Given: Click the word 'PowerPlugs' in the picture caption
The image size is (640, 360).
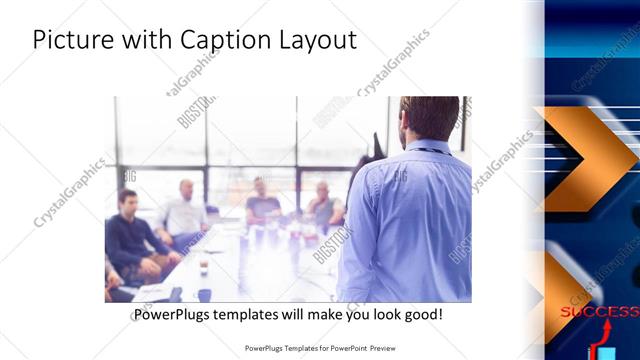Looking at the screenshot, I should pyautogui.click(x=176, y=314).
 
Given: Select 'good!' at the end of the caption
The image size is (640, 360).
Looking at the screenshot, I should pyautogui.click(x=422, y=314).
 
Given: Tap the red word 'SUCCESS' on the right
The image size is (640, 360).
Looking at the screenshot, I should pyautogui.click(x=599, y=312).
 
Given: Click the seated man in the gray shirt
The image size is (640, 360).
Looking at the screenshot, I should pyautogui.click(x=323, y=205).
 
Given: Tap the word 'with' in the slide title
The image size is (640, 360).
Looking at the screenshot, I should pyautogui.click(x=143, y=40).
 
